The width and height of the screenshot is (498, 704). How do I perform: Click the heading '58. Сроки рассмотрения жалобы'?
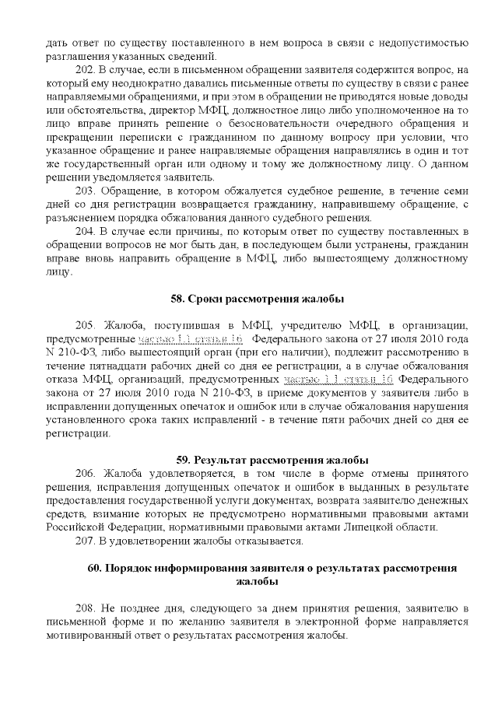(x=257, y=299)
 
